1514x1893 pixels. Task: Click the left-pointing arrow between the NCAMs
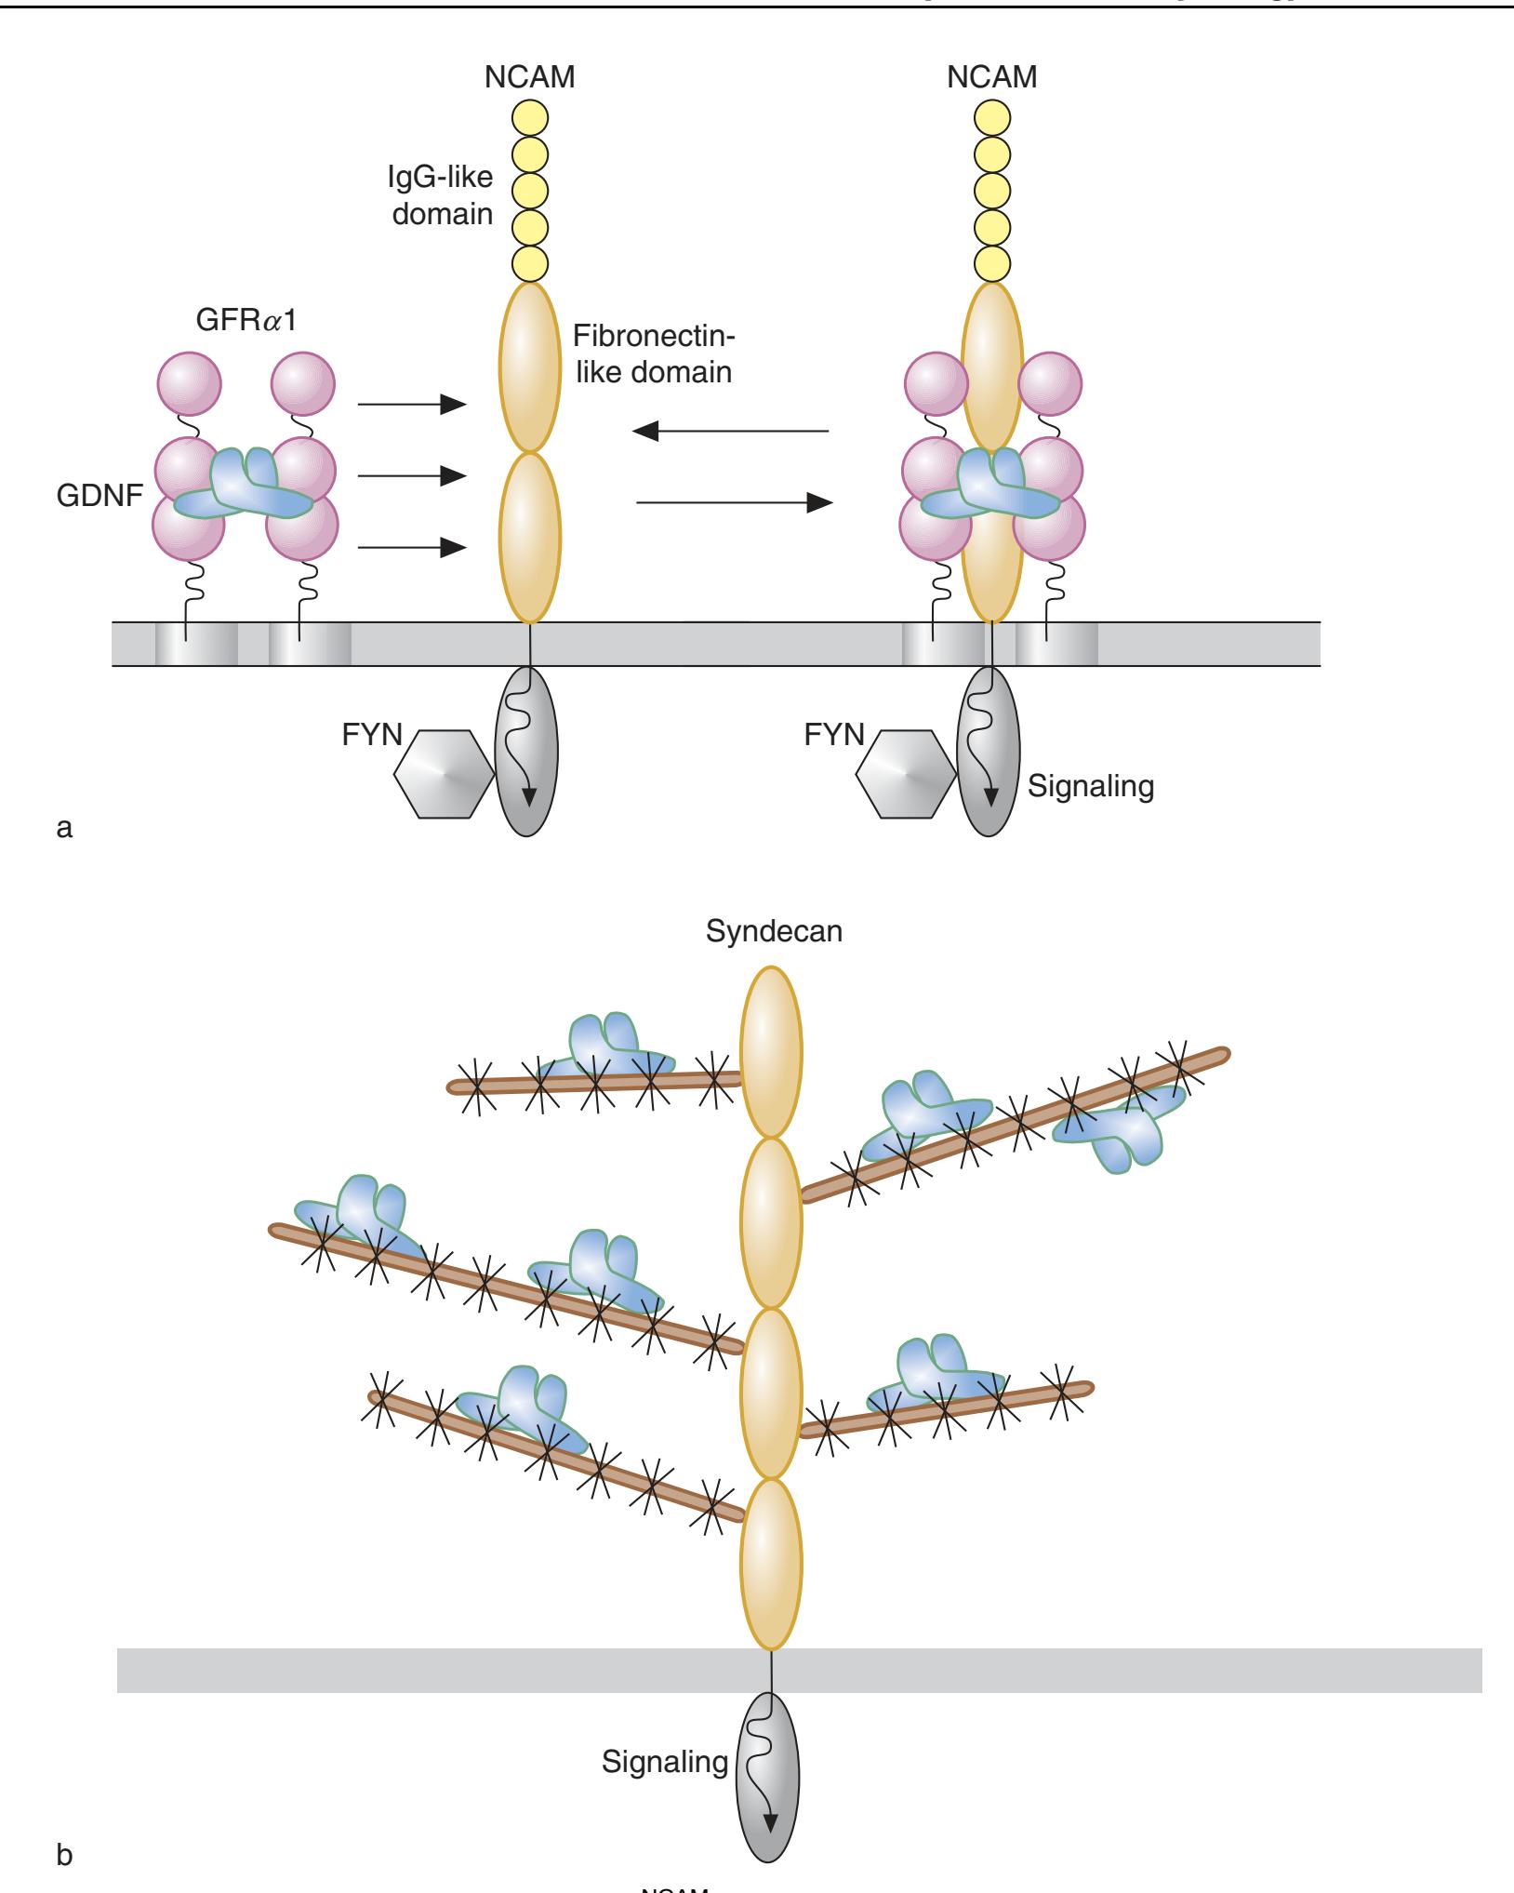pyautogui.click(x=729, y=431)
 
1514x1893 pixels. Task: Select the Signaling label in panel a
pyautogui.click(x=1090, y=787)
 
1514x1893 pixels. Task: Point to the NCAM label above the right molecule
pyautogui.click(x=991, y=77)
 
